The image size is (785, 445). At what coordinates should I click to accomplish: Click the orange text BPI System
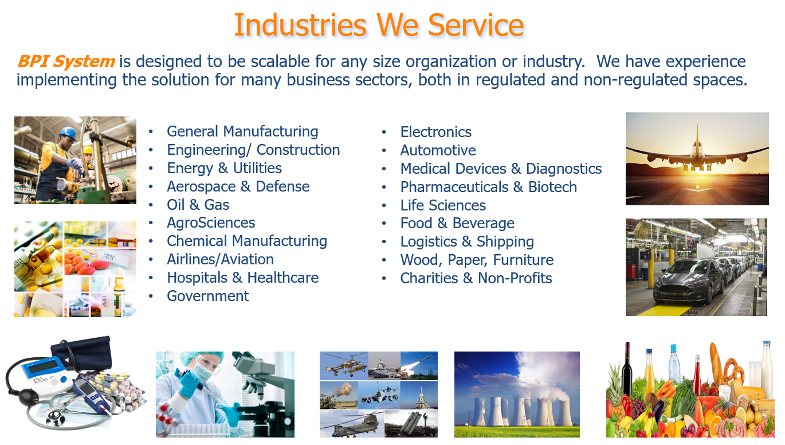(66, 61)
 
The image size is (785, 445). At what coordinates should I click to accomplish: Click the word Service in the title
(476, 25)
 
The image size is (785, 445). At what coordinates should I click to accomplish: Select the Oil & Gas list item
(198, 205)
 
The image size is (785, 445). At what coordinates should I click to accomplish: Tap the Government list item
(208, 296)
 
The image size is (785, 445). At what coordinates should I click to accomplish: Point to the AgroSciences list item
(211, 223)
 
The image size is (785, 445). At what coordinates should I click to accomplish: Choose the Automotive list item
(438, 150)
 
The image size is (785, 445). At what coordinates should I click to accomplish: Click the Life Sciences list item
(443, 205)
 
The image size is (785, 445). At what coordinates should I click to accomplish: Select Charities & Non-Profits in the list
(476, 278)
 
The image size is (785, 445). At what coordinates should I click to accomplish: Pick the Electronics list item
(436, 132)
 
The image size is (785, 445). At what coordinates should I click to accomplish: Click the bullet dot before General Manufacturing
(151, 132)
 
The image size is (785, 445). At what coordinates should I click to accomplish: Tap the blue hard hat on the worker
(68, 134)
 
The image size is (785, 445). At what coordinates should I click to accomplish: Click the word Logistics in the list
(429, 241)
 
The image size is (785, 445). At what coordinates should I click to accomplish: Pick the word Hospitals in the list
(197, 278)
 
